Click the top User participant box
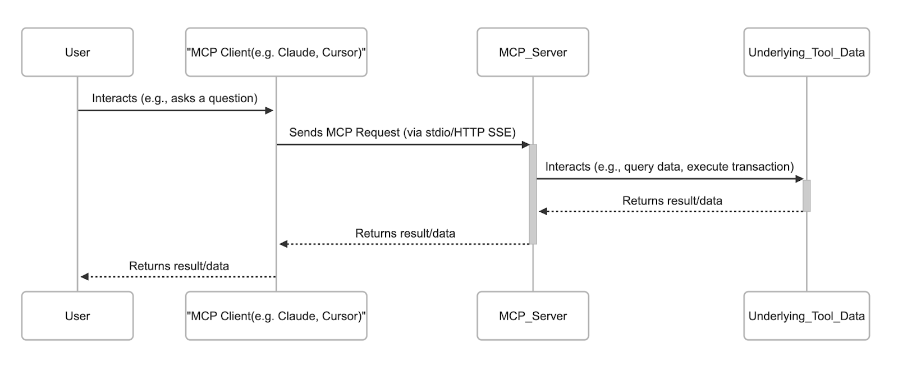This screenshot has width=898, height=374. [x=77, y=52]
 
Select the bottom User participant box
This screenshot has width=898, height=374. [x=77, y=316]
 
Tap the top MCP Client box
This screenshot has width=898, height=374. [x=276, y=52]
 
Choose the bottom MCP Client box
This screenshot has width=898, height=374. [x=276, y=316]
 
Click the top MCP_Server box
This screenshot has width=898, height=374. [x=533, y=52]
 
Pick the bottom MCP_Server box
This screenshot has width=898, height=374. [x=533, y=316]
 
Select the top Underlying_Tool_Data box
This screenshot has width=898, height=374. [x=807, y=52]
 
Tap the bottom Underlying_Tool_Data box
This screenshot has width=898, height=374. [x=807, y=316]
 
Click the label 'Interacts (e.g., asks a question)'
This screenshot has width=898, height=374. [x=175, y=98]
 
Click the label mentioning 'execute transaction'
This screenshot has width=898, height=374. [x=670, y=167]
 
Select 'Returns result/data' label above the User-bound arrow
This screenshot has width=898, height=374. [x=179, y=266]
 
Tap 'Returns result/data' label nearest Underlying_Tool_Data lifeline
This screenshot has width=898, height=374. [x=672, y=200]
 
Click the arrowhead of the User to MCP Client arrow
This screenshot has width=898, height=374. [x=269, y=111]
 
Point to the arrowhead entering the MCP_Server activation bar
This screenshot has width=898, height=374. [x=525, y=144]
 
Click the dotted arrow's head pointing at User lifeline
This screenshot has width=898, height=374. [x=85, y=276]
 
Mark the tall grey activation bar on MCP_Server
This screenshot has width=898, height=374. [x=533, y=194]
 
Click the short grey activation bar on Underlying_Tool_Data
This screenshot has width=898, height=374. [x=807, y=195]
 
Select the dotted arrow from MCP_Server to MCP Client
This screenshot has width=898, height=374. [x=404, y=244]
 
